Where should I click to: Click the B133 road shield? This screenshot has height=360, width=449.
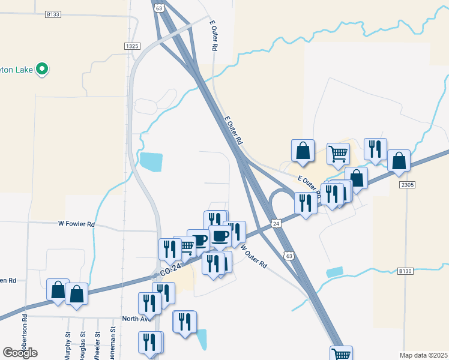click(53, 13)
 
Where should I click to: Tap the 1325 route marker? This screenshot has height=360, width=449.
click(133, 46)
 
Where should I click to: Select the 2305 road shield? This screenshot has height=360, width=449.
click(406, 184)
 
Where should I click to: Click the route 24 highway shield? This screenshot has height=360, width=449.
click(276, 223)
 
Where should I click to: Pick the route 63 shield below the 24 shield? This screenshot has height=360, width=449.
click(289, 255)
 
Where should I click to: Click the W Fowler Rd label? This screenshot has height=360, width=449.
click(76, 224)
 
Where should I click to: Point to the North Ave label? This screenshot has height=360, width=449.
click(134, 319)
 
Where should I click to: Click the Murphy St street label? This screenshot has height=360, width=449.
click(68, 344)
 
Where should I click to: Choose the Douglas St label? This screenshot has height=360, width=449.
click(83, 344)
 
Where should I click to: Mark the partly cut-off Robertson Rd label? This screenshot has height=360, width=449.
click(25, 337)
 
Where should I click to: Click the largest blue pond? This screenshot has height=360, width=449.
click(151, 161)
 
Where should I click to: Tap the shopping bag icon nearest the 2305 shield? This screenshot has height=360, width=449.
click(399, 161)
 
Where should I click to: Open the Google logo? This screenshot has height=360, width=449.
click(20, 353)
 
